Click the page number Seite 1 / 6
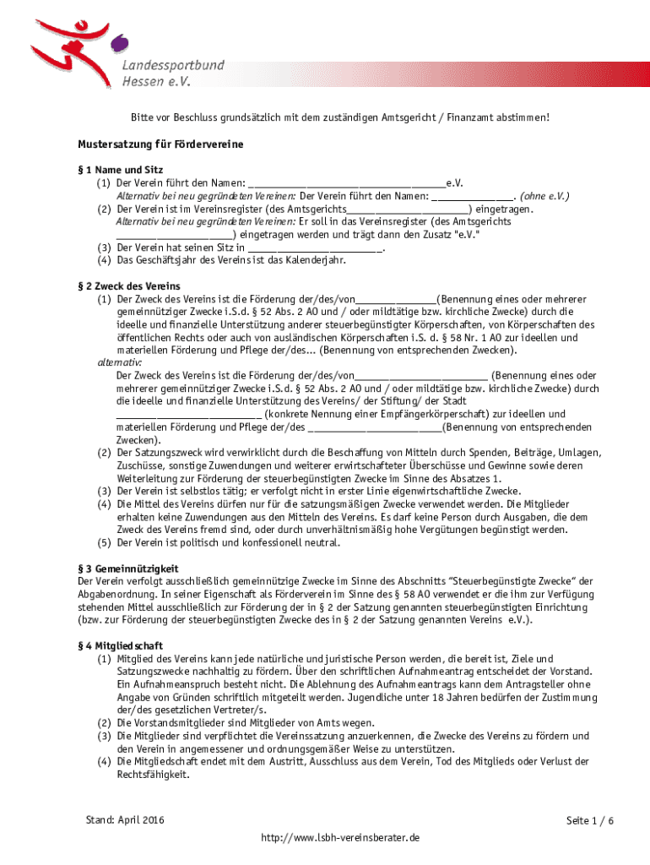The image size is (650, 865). point(589,821)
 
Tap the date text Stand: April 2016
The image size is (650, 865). point(125,820)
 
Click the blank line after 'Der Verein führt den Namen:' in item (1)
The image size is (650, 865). point(348,183)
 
